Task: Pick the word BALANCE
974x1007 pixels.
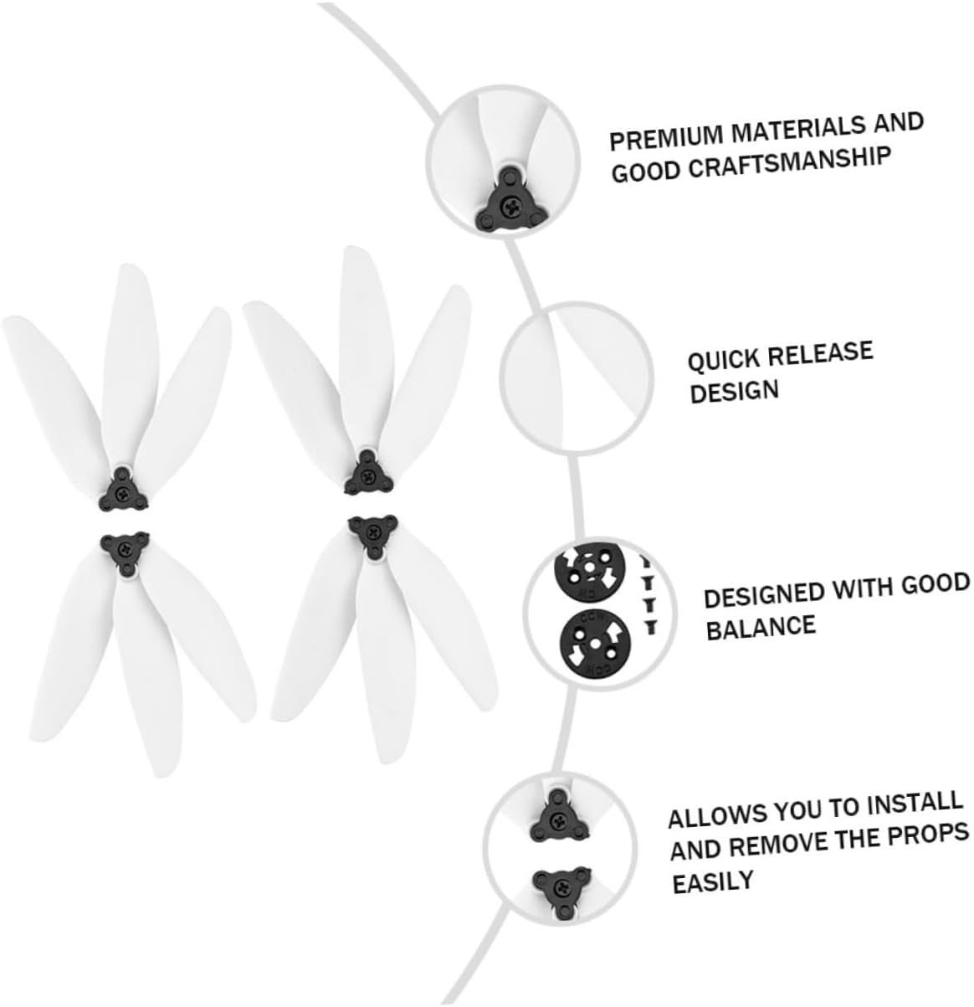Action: (x=760, y=626)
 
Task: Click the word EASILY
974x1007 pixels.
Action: (x=713, y=880)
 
